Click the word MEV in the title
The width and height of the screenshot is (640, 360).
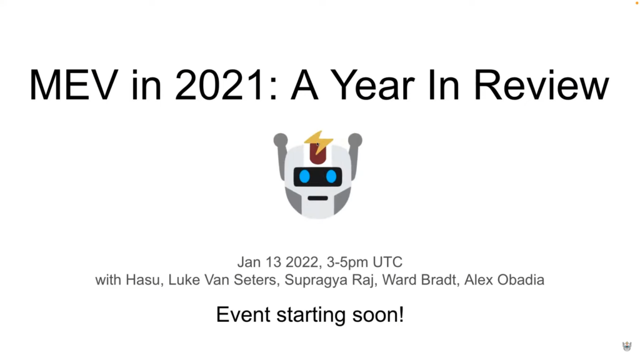tap(74, 85)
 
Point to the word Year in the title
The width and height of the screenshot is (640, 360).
tap(372, 85)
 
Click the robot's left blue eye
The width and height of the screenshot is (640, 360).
tap(304, 177)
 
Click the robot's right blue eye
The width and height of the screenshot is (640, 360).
tap(331, 177)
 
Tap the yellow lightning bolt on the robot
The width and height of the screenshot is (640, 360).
tap(319, 142)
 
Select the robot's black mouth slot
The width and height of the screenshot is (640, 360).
tap(318, 198)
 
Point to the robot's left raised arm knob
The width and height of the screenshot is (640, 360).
tap(281, 139)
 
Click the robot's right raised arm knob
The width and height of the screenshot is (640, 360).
tap(355, 139)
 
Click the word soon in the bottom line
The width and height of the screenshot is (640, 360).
tap(378, 315)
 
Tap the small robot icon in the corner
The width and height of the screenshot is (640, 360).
tap(627, 346)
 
